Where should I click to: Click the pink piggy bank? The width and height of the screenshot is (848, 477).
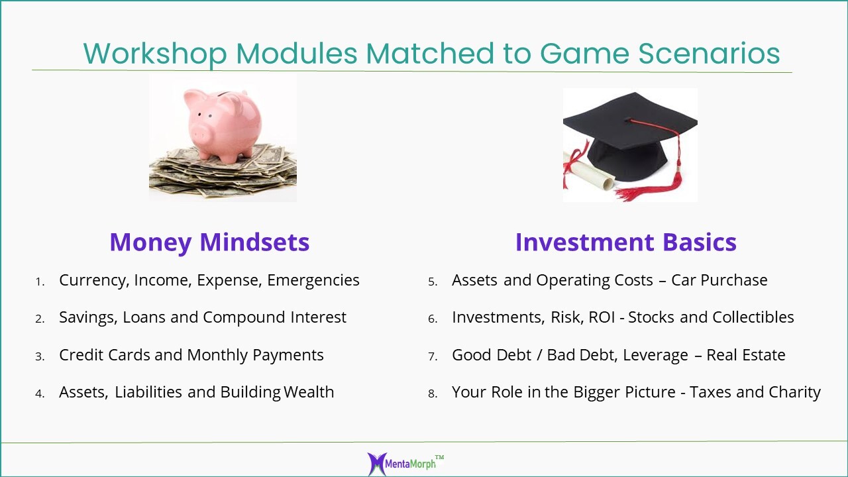pyautogui.click(x=223, y=125)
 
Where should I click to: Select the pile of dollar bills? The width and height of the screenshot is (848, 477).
pyautogui.click(x=223, y=172)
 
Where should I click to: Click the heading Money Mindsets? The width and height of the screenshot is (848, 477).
pyautogui.click(x=209, y=242)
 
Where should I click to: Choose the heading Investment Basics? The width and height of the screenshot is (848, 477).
pyautogui.click(x=626, y=242)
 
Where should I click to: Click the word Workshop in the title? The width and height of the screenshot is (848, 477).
pyautogui.click(x=155, y=54)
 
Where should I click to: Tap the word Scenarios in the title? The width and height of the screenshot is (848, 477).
pyautogui.click(x=709, y=54)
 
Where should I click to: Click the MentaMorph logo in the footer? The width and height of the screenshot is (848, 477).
pyautogui.click(x=405, y=463)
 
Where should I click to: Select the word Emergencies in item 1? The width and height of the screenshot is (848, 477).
pyautogui.click(x=313, y=280)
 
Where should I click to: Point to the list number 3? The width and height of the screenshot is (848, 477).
pyautogui.click(x=40, y=356)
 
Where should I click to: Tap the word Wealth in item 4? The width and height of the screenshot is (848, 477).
pyautogui.click(x=309, y=392)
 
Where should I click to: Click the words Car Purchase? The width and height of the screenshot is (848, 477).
pyautogui.click(x=719, y=280)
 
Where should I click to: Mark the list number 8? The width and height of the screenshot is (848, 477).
pyautogui.click(x=433, y=394)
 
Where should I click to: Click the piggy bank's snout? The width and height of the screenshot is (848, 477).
pyautogui.click(x=199, y=133)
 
